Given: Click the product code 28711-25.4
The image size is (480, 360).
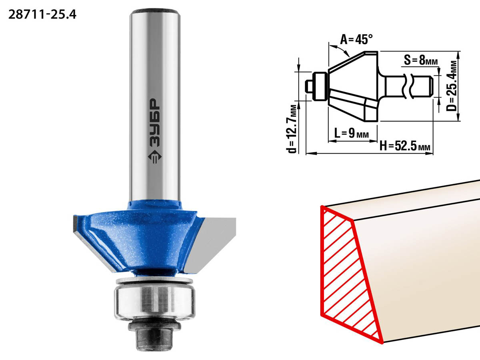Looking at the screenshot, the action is point(42,15).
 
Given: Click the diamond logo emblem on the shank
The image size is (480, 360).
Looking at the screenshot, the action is point(155,157).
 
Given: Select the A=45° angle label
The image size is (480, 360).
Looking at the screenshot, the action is point(356,40).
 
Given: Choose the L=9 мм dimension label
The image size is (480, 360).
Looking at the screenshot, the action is point(352,133).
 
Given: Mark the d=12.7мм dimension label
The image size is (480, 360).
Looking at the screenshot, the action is point(292,129).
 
